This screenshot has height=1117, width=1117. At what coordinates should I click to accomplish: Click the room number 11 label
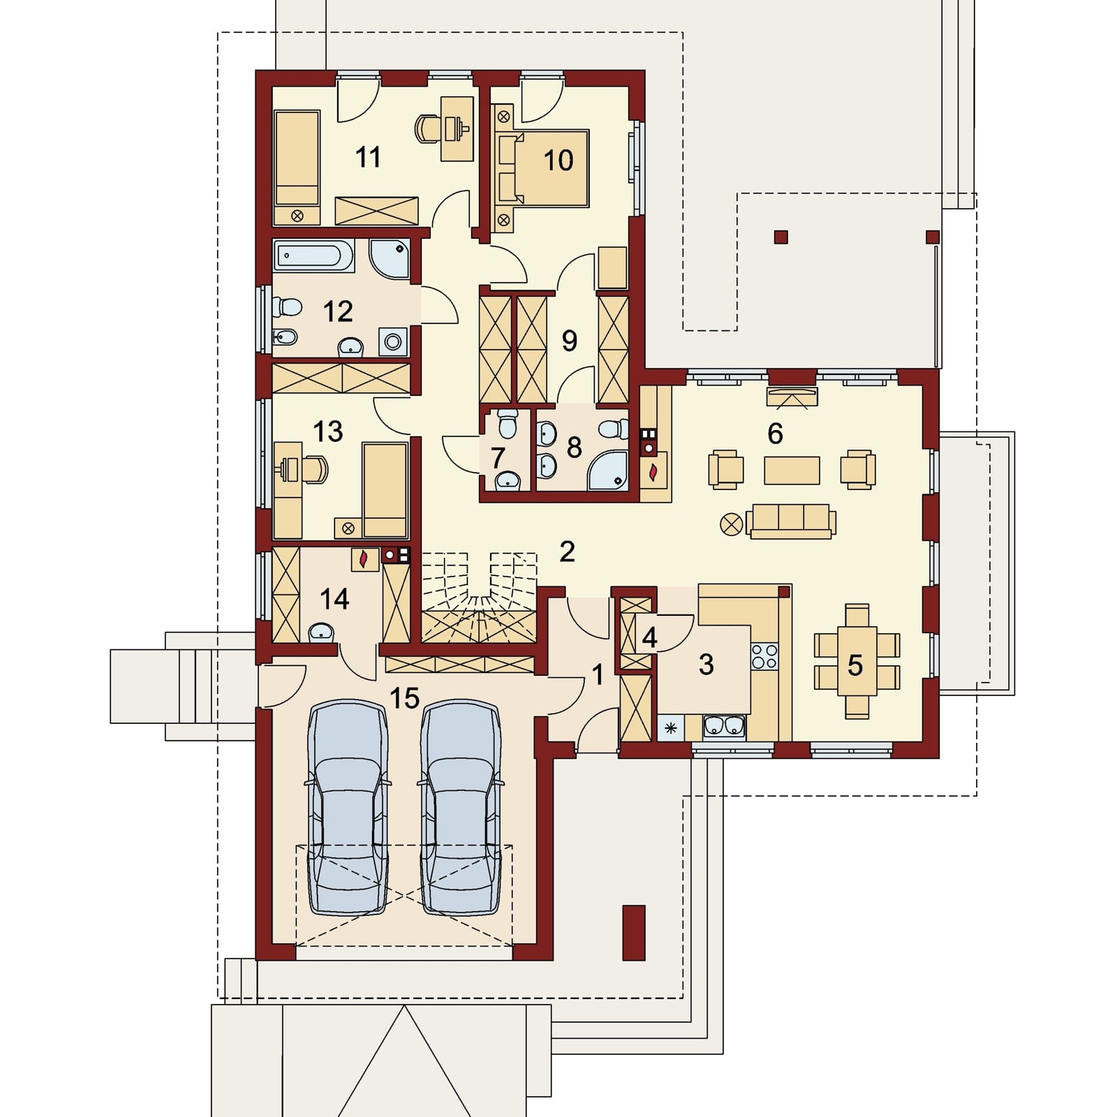[368, 157]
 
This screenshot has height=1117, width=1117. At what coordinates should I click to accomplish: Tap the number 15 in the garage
[404, 697]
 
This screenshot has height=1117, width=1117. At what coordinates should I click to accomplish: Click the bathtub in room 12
[313, 256]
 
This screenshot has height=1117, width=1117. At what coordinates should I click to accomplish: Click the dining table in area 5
[857, 661]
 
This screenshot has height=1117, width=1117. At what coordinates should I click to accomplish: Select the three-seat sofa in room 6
[791, 521]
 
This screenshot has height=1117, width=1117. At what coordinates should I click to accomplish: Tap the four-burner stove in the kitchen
[764, 656]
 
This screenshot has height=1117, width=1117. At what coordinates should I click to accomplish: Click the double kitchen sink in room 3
[723, 727]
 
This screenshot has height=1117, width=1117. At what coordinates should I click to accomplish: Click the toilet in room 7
[507, 423]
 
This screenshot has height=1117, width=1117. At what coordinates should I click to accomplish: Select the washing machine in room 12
[393, 342]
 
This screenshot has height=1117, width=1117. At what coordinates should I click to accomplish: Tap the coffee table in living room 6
[792, 470]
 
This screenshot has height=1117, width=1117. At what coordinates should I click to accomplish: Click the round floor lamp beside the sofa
[731, 524]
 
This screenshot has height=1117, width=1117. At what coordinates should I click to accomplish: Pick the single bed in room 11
[297, 168]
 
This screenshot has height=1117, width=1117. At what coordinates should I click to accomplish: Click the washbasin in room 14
[321, 633]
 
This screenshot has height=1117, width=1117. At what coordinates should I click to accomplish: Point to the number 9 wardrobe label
[570, 341]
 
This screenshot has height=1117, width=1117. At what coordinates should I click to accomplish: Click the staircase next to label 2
[479, 597]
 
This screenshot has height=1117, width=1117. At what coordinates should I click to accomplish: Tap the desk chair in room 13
[315, 470]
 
